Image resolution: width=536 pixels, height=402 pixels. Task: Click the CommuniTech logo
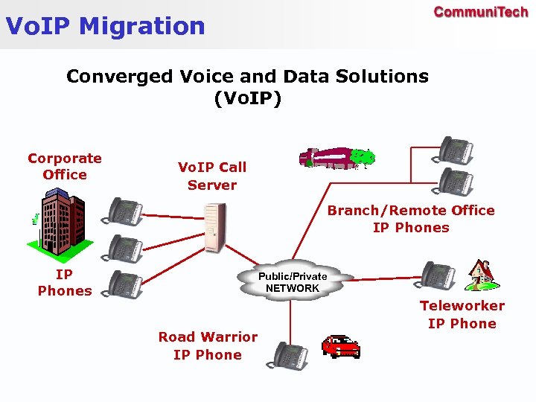pos(480,13)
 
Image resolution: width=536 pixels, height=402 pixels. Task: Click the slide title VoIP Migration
pos(105,26)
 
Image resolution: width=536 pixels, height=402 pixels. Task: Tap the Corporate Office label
pos(65,166)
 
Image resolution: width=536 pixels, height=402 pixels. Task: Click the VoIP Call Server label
pos(212,176)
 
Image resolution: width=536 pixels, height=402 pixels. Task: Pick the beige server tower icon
pos(214,227)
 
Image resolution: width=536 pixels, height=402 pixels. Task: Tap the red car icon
pos(340,346)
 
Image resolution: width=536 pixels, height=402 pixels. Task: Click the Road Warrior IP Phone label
pos(208,346)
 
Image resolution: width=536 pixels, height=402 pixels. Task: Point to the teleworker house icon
pos(479,275)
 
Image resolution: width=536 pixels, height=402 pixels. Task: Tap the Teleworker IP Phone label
pos(462,314)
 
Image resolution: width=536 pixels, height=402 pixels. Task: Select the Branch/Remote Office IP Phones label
pos(411,219)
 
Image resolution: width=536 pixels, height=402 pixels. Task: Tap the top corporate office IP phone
pos(124,211)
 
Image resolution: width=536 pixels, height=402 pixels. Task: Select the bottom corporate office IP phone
pos(124,284)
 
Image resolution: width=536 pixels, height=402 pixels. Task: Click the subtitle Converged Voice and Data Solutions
pos(247,76)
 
